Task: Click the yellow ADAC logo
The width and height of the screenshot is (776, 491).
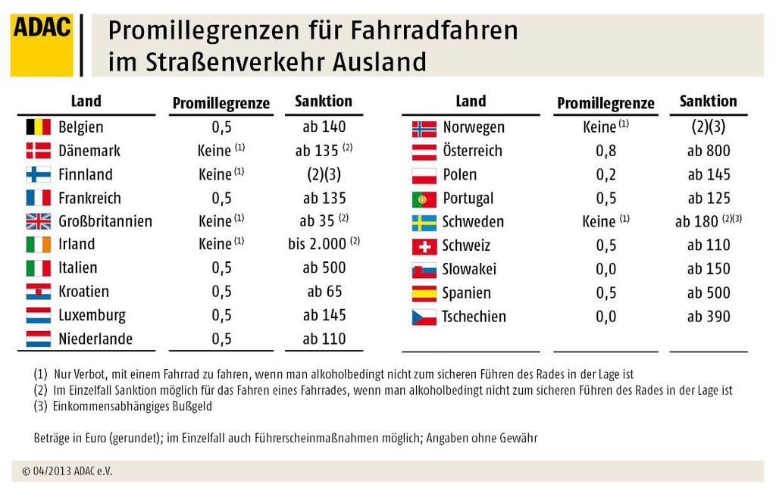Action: (42, 45)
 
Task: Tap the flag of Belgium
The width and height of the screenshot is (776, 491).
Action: (38, 127)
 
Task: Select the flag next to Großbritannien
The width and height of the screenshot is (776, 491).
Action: (38, 221)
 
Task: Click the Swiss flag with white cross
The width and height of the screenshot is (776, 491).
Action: (424, 246)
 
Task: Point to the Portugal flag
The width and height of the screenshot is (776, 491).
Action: (424, 199)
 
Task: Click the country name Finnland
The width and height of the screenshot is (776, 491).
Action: (86, 175)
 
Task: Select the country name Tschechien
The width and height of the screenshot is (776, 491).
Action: (474, 317)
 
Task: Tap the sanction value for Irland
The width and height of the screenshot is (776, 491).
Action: (324, 243)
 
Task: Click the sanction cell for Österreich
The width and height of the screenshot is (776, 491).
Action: (709, 151)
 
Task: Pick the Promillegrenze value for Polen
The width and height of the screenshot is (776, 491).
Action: (605, 175)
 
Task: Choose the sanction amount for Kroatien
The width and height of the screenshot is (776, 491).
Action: (324, 292)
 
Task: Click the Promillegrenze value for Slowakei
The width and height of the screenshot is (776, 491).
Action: (605, 269)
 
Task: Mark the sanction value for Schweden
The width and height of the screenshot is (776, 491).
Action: (709, 220)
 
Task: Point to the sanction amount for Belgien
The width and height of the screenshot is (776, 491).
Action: (324, 127)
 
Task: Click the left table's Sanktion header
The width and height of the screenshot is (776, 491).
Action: (324, 101)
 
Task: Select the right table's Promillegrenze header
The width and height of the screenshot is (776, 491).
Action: (605, 103)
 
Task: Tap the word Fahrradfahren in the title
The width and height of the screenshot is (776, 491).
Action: (434, 30)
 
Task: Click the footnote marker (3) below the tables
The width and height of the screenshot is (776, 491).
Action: (40, 406)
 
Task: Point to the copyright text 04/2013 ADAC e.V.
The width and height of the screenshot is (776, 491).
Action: (67, 471)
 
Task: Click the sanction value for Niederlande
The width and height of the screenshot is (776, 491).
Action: (324, 339)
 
